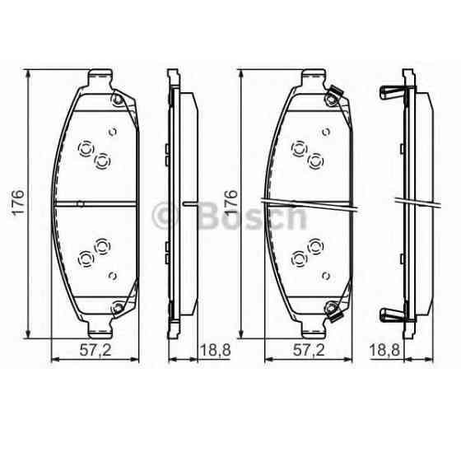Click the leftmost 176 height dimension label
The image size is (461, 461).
(x=19, y=203)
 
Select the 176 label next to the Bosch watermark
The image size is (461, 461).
(x=231, y=203)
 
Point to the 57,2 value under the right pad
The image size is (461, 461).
(x=309, y=351)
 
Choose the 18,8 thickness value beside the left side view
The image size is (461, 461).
(x=213, y=351)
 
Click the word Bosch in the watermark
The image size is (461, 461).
(x=250, y=217)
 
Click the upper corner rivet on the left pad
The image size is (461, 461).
(x=117, y=101)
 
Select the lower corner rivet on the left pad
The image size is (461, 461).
(x=117, y=310)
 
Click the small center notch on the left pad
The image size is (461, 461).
(x=79, y=204)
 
